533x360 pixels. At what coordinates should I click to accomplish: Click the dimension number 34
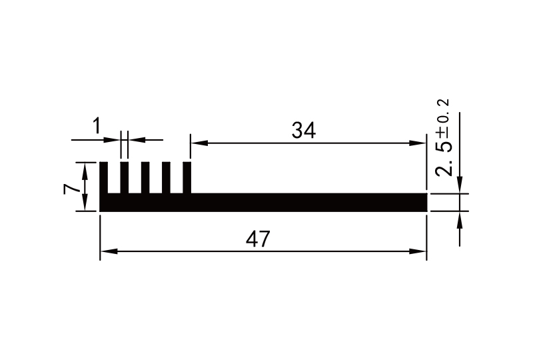(x=303, y=131)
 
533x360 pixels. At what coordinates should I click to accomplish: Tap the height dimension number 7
(x=69, y=187)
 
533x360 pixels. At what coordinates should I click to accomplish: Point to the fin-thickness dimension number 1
(x=97, y=125)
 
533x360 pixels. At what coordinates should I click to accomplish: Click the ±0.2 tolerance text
(x=442, y=117)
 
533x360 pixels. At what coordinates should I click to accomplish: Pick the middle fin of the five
(x=145, y=178)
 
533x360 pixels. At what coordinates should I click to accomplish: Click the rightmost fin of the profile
(x=187, y=178)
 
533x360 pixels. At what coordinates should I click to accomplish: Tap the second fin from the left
(x=125, y=178)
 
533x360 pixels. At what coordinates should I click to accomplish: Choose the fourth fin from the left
(x=166, y=178)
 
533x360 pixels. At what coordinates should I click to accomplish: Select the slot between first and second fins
(x=114, y=178)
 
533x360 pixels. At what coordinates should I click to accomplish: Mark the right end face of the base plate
(x=426, y=202)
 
